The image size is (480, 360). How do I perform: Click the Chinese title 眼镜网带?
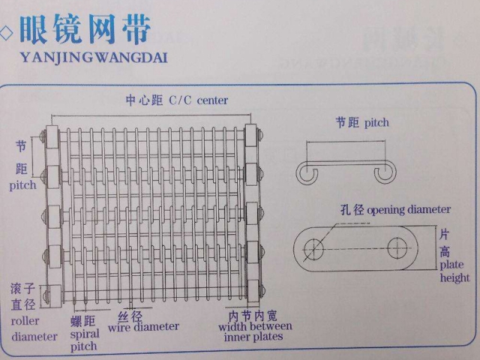[x=86, y=29]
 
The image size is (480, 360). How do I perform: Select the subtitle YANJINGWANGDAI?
[x=94, y=56]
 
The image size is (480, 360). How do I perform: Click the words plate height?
[x=455, y=271]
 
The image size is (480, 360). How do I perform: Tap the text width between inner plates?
[x=256, y=331]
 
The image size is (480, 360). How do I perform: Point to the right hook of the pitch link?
[x=384, y=173]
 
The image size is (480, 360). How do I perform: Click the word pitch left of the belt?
[x=22, y=185]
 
